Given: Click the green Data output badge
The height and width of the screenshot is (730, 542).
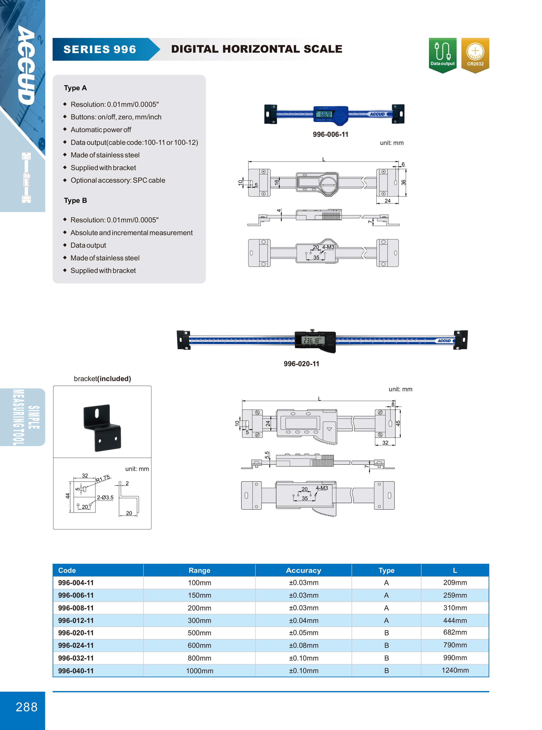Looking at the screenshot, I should [x=442, y=55].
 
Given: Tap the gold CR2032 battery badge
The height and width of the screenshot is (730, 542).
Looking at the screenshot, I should [x=475, y=55].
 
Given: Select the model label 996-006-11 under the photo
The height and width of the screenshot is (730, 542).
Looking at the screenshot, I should [x=330, y=134].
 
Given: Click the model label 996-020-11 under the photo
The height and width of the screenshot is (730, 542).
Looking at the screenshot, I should [x=301, y=364].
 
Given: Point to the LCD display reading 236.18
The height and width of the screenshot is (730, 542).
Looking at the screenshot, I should [x=312, y=340].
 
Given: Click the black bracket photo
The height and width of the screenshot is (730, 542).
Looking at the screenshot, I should [x=102, y=428].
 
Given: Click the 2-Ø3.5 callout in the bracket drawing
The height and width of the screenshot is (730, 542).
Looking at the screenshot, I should [x=105, y=497].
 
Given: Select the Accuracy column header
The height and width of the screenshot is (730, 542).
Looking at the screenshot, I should [x=303, y=570].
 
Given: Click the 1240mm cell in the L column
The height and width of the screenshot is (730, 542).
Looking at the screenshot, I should [x=455, y=670].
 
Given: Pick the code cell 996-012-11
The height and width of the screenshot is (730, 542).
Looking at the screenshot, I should [x=76, y=620].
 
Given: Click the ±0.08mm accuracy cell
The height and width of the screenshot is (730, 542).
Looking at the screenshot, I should [x=303, y=645].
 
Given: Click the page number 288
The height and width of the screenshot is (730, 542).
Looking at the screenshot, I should [x=27, y=707].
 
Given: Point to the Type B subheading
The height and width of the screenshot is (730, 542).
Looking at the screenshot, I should [x=75, y=200].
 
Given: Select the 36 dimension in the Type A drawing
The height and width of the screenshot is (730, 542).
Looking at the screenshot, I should [x=403, y=182].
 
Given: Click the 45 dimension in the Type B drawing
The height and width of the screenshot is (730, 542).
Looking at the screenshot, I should [x=398, y=423].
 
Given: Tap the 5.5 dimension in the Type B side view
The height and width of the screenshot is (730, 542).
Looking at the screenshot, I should [x=267, y=455].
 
